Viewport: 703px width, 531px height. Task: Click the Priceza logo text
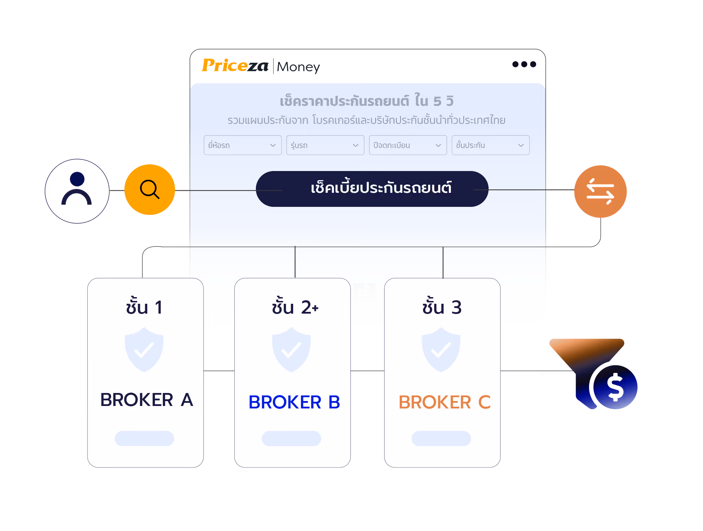click(235, 65)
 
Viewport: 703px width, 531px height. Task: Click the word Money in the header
click(298, 67)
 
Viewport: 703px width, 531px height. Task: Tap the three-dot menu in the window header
click(524, 64)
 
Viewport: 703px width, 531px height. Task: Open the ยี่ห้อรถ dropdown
click(243, 145)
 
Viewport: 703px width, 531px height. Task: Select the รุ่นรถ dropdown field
click(325, 145)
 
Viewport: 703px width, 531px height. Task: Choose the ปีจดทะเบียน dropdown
click(408, 145)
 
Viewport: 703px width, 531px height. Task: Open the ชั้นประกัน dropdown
click(490, 145)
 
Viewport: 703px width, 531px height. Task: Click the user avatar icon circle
click(77, 191)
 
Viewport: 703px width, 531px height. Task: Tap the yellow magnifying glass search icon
click(150, 190)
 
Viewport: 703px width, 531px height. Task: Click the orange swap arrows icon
click(600, 191)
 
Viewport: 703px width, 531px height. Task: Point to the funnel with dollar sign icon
click(594, 374)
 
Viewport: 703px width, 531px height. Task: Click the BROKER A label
click(147, 400)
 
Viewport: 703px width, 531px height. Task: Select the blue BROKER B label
click(294, 402)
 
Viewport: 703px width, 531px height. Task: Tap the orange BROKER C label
click(444, 402)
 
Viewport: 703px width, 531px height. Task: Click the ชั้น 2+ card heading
click(295, 306)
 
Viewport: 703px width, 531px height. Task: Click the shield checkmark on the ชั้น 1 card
click(144, 350)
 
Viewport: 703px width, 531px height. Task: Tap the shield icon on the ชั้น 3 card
click(441, 350)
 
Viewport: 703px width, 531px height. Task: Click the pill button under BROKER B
click(291, 438)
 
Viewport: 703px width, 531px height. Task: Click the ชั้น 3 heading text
click(442, 306)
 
